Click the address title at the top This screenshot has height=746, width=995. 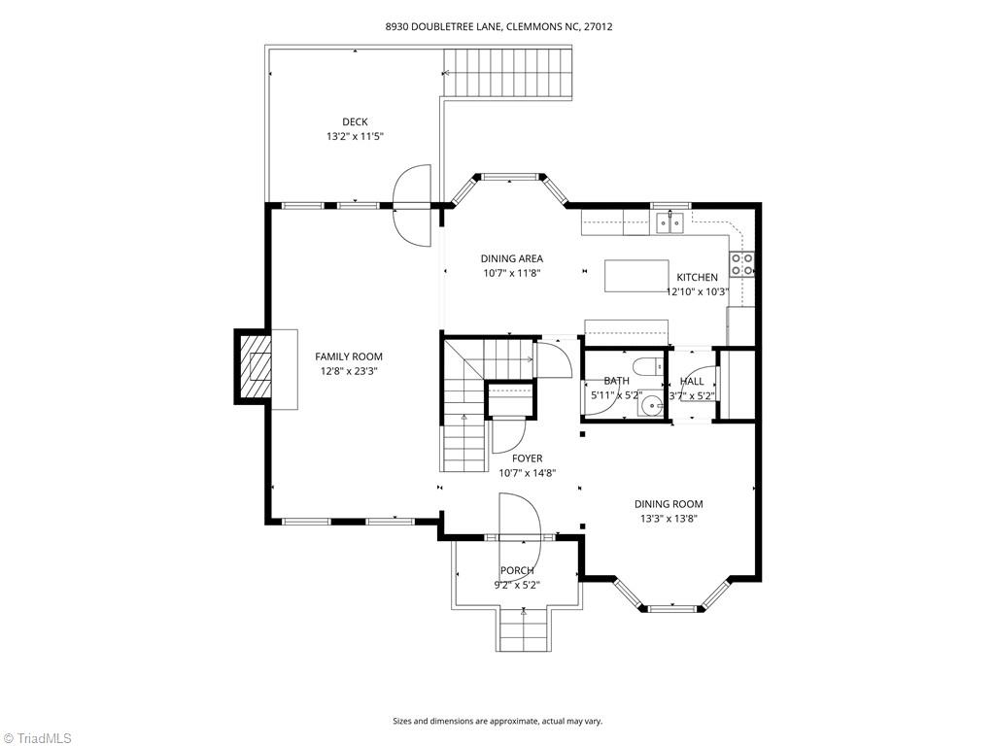coord(497,27)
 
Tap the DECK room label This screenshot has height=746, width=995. coord(355,121)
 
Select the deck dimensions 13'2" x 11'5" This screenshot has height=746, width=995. coord(355,137)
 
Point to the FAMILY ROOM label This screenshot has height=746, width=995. coord(348,356)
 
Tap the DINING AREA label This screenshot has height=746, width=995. coord(511,258)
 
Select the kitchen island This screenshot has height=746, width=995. coord(636,276)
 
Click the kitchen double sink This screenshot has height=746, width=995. coord(669,223)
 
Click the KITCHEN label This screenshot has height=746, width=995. coord(697,277)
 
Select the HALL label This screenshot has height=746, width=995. coord(692,382)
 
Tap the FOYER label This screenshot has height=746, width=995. coord(528,458)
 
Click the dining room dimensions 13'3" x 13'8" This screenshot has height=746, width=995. coord(669,519)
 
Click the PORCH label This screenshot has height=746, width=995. coord(517,570)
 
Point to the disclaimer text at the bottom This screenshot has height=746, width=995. coord(497,721)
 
